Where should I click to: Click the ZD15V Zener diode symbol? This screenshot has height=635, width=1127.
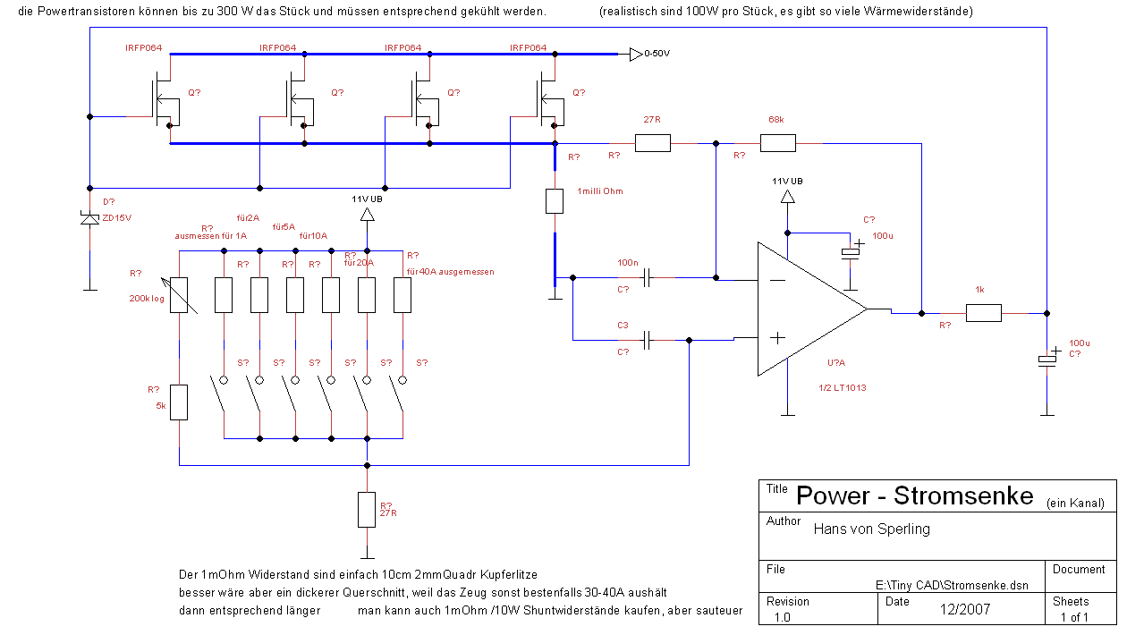tap(89, 217)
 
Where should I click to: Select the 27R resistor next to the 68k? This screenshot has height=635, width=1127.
tap(652, 143)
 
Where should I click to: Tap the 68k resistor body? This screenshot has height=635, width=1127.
tap(777, 143)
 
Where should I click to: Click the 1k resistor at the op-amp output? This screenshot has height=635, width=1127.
tap(983, 313)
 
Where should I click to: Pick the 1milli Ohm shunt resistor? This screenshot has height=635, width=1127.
tap(555, 201)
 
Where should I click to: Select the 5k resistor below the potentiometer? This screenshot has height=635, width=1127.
tap(180, 402)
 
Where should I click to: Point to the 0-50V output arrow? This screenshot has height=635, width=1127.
tap(635, 55)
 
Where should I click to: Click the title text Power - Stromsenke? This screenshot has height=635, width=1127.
tap(914, 496)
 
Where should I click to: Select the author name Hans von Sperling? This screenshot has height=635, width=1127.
tap(871, 529)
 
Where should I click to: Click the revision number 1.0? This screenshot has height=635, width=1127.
tap(783, 617)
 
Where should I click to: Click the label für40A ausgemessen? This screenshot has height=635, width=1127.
tap(450, 271)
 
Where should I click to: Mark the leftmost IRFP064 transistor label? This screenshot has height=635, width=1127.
tap(143, 47)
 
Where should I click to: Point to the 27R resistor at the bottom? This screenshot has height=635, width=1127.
tap(367, 509)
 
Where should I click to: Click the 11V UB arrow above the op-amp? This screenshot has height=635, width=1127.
tap(787, 195)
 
